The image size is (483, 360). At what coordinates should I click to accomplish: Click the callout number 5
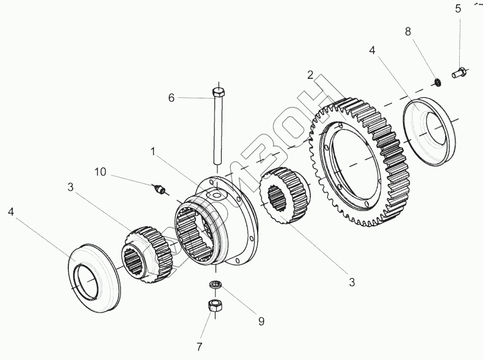(458, 9)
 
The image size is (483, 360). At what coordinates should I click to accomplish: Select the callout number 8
(408, 31)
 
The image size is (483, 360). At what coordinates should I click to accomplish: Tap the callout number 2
(310, 75)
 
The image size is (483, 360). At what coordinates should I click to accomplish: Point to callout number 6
(171, 98)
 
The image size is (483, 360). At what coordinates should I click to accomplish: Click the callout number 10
(100, 172)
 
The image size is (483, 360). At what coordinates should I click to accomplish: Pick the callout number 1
(153, 152)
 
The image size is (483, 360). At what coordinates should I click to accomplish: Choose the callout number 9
(261, 321)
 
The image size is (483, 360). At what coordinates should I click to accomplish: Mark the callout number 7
(199, 347)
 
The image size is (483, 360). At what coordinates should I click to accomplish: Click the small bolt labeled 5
(459, 73)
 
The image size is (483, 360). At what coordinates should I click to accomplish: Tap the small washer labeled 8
(437, 83)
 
